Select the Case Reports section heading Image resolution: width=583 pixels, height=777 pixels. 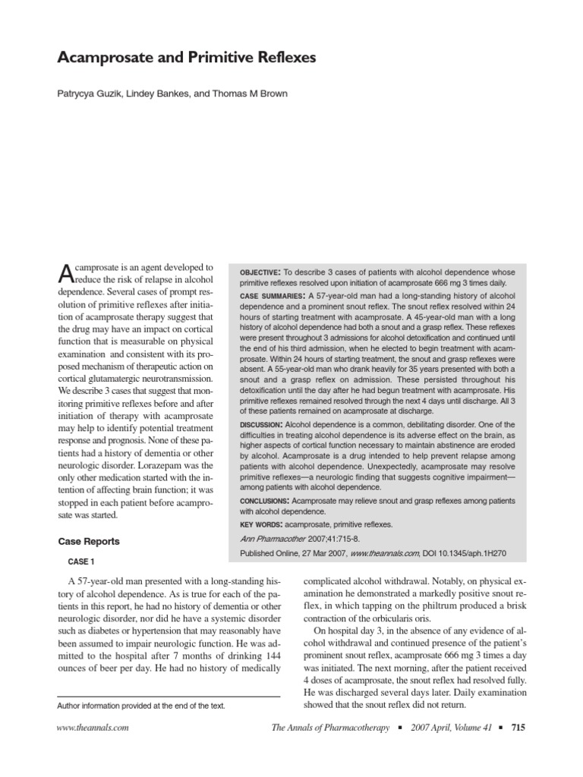point(89,542)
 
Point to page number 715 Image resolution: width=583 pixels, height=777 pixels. point(518,727)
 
